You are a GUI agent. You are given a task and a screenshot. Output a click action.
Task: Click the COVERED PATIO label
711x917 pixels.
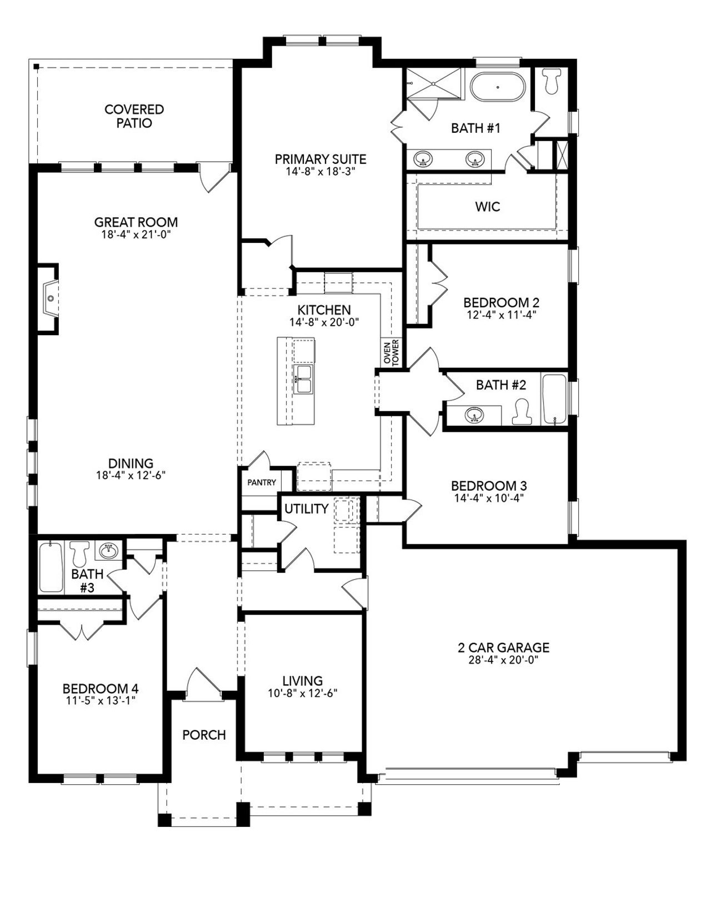tap(134, 116)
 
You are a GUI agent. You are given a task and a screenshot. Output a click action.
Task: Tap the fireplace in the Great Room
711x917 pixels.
tap(49, 298)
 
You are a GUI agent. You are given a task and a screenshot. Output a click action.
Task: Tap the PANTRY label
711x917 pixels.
tap(261, 482)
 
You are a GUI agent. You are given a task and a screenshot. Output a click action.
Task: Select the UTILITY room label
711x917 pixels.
tap(306, 509)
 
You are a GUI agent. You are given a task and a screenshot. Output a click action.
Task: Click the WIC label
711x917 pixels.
tap(487, 207)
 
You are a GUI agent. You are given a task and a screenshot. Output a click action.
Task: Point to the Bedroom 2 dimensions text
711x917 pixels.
tap(501, 314)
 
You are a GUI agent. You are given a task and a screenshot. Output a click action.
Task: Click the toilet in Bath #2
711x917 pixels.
tap(520, 412)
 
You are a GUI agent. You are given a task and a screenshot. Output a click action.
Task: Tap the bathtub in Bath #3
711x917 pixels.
tap(51, 567)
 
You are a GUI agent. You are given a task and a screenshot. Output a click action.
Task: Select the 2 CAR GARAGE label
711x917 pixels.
tap(503, 647)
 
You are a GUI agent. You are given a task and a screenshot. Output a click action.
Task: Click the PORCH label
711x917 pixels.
tap(204, 735)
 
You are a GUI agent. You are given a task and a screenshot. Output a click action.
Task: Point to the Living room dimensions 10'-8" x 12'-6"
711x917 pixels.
tap(302, 693)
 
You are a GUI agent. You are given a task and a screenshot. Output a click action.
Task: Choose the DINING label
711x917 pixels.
tap(131, 463)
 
